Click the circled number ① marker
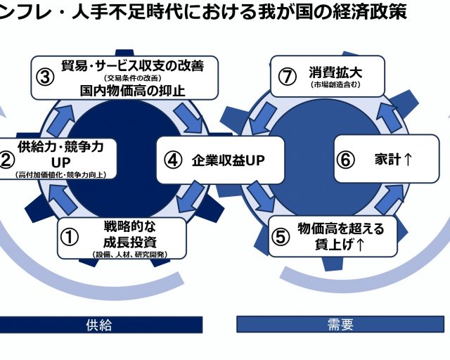(70, 237)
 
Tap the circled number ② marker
(6, 160)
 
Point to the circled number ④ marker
(172, 160)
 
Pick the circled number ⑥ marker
(345, 160)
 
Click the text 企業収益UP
(228, 160)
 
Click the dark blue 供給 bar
(99, 324)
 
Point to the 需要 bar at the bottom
(341, 324)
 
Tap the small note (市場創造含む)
(330, 84)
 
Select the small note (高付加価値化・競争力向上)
(65, 174)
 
